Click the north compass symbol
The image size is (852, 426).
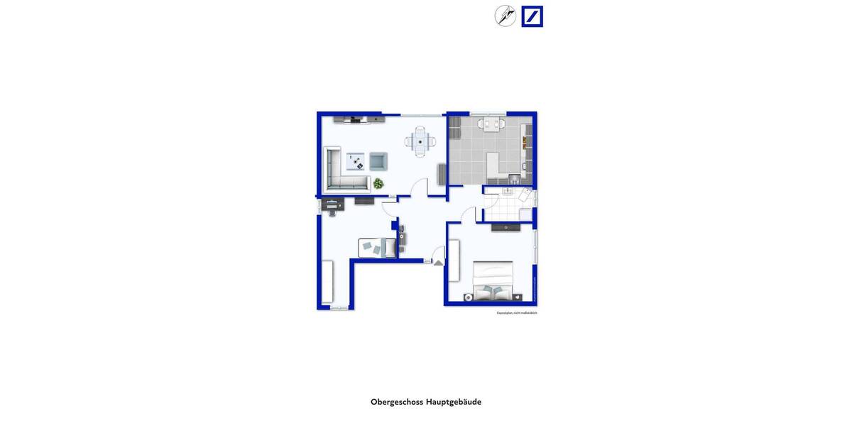click(506, 16)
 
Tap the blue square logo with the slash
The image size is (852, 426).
click(532, 16)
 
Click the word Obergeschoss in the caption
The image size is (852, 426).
click(396, 402)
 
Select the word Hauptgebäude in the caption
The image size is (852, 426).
click(454, 402)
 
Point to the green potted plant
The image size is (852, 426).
click(378, 183)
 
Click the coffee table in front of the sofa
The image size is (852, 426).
click(356, 162)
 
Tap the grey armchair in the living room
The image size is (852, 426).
click(378, 161)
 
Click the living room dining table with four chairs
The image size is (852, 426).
click(420, 141)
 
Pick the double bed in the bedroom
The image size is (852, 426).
click(493, 280)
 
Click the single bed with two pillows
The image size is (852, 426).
click(377, 247)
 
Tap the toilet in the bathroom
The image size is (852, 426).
click(525, 195)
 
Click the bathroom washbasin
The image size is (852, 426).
click(508, 190)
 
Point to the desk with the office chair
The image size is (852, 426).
click(332, 205)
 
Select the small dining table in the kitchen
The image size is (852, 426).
click(488, 124)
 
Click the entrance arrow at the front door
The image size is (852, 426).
click(438, 263)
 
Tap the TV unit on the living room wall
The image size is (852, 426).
click(359, 119)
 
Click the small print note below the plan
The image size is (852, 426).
click(517, 312)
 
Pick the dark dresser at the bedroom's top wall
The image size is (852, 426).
click(506, 227)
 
